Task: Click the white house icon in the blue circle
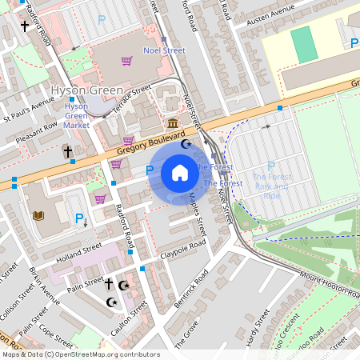[180, 172]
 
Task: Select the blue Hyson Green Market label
[76, 115]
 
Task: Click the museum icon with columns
[173, 123]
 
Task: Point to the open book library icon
[38, 215]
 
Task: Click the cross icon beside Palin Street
[109, 284]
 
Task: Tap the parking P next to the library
[78, 218]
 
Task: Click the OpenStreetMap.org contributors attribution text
[107, 354]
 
